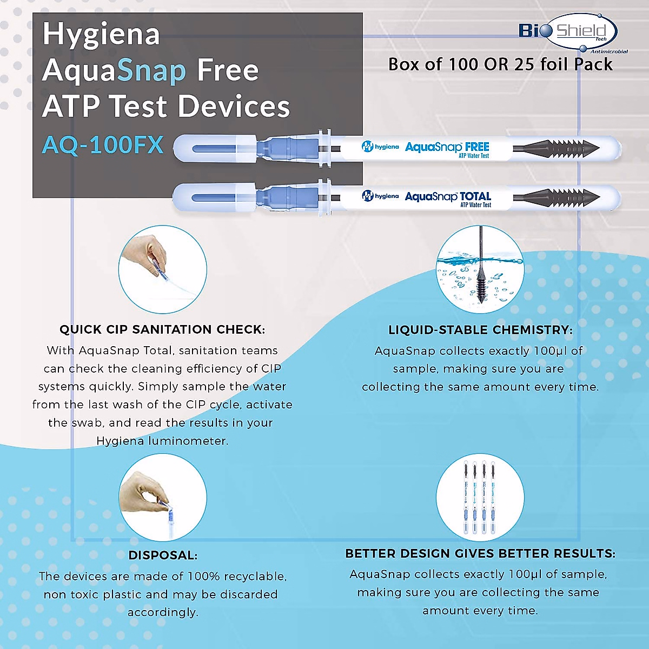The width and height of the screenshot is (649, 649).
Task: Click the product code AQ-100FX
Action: [103, 145]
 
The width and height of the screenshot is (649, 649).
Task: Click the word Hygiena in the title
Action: [101, 34]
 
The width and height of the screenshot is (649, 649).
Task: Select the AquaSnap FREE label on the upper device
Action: [447, 148]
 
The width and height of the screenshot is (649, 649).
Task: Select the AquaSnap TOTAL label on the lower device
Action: [448, 197]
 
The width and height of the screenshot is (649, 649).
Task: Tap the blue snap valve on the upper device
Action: [277, 148]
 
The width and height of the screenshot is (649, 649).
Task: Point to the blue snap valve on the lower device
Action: [277, 196]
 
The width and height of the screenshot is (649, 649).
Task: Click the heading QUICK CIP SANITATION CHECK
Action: [162, 329]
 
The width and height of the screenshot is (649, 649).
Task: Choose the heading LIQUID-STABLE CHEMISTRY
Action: [480, 330]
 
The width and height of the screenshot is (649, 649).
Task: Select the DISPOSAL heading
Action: [163, 555]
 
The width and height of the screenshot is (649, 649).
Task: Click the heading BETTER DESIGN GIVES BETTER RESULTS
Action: [480, 554]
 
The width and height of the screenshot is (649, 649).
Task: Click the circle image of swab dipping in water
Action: [480, 269]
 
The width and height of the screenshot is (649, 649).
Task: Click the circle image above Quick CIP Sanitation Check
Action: [163, 269]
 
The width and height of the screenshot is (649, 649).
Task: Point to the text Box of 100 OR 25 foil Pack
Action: [500, 64]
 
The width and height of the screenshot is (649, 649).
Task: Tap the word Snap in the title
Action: [151, 71]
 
